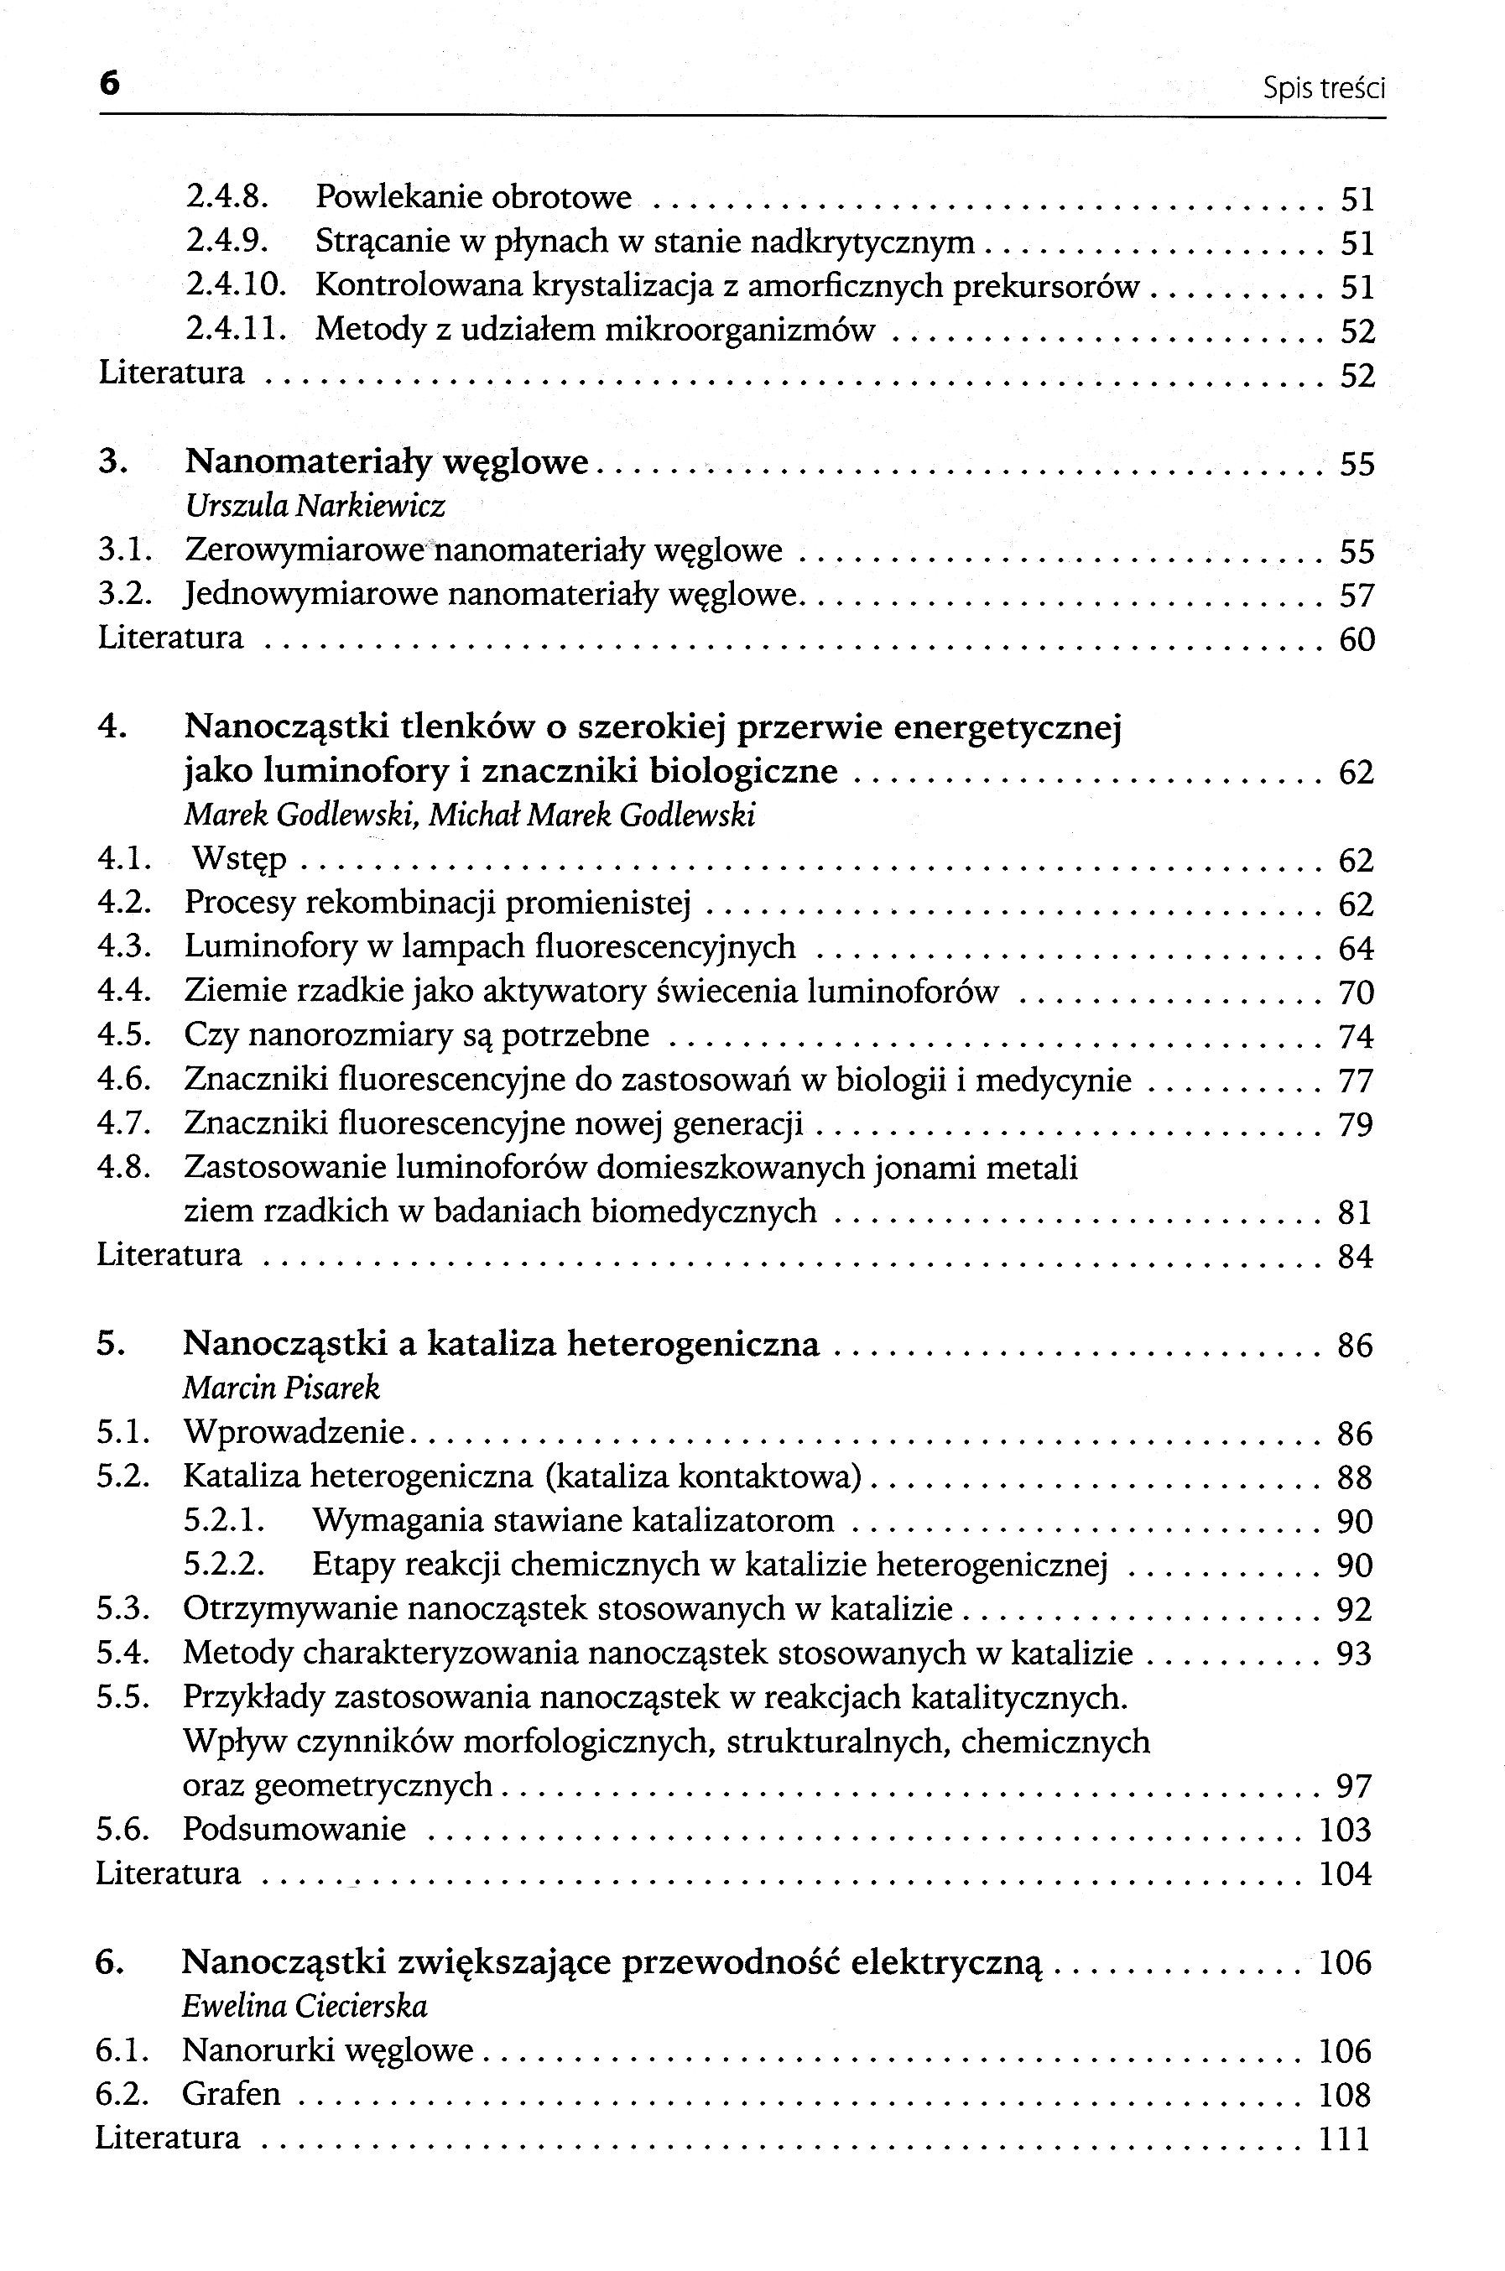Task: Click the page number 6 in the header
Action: point(109,85)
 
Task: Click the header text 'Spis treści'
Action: point(1324,89)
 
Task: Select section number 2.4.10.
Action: point(236,285)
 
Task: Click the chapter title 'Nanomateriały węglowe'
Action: point(386,461)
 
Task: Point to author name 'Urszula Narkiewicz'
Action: point(315,505)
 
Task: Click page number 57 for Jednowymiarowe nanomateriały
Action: point(1357,596)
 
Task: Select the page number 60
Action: point(1357,639)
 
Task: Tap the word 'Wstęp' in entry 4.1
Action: point(239,858)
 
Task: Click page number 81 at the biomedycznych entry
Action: point(1354,1212)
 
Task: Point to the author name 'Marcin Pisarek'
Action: point(281,1388)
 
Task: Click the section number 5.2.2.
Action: point(224,1565)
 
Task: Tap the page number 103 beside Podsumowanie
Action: point(1345,1830)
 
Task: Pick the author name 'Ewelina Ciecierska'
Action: point(305,2007)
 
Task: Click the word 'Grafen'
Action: point(232,2093)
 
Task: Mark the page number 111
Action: point(1345,2138)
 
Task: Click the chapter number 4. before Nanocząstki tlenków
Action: point(112,727)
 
